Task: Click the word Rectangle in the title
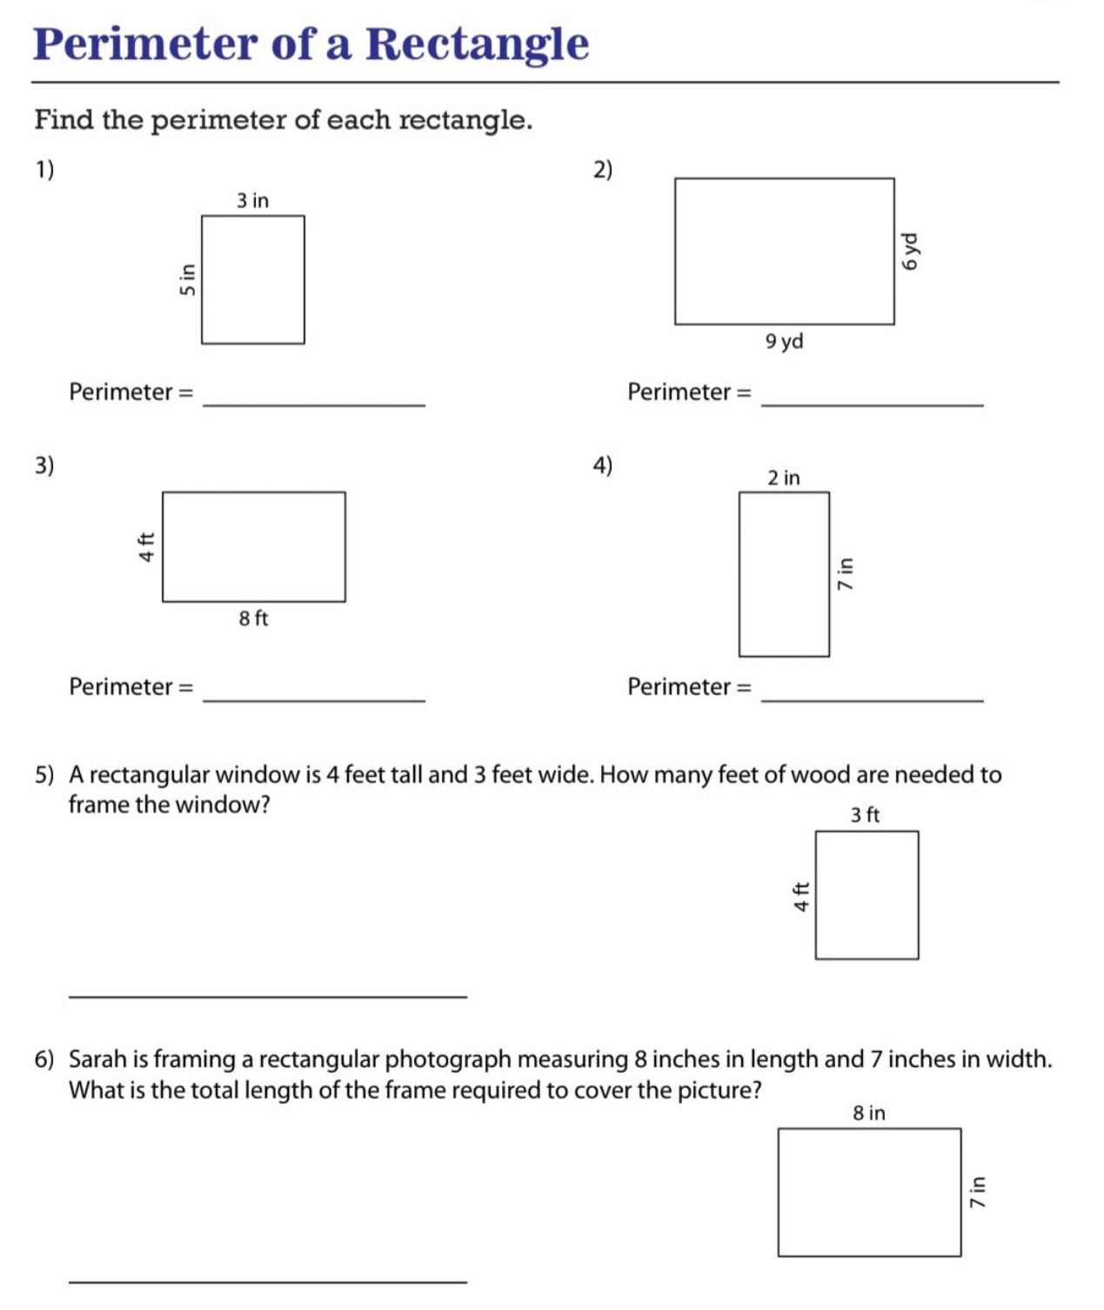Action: pyautogui.click(x=477, y=43)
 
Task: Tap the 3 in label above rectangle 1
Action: pyautogui.click(x=252, y=201)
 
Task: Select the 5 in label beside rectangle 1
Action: pyautogui.click(x=187, y=279)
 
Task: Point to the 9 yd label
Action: pyautogui.click(x=784, y=341)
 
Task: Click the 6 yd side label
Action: pyautogui.click(x=909, y=251)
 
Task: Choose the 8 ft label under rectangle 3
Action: pyautogui.click(x=253, y=618)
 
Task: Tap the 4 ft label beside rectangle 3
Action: pyautogui.click(x=147, y=546)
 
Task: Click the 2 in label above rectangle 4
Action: pyautogui.click(x=783, y=478)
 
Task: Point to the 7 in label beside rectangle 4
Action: pyautogui.click(x=845, y=574)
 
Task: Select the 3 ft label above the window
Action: pyautogui.click(x=865, y=815)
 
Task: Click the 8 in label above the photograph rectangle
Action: pyautogui.click(x=868, y=1113)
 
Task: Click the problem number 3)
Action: pyautogui.click(x=44, y=465)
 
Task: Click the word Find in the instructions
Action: pyautogui.click(x=64, y=120)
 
